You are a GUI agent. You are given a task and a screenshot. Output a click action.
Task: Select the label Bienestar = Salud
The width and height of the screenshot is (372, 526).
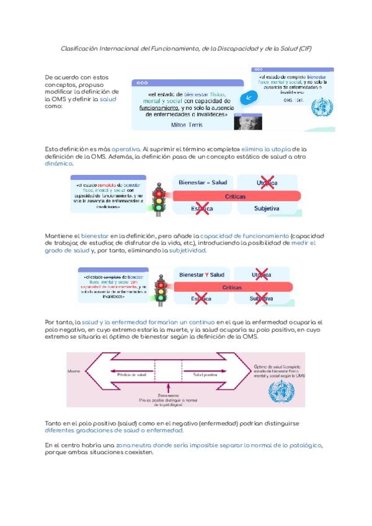203,182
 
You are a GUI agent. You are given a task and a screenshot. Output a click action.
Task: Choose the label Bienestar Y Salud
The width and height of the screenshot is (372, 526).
201,274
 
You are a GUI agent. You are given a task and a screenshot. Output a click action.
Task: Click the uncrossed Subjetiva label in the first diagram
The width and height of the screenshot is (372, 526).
267,208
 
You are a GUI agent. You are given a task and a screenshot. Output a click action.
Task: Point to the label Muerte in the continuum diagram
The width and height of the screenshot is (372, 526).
74,372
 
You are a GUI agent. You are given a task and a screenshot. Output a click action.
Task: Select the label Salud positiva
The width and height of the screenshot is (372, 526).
205,375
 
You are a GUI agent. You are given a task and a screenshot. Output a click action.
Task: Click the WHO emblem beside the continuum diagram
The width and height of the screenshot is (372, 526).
282,392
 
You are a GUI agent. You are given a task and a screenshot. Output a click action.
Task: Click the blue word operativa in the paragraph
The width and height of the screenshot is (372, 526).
126,149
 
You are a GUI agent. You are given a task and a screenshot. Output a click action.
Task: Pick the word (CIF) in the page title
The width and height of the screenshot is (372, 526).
304,48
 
